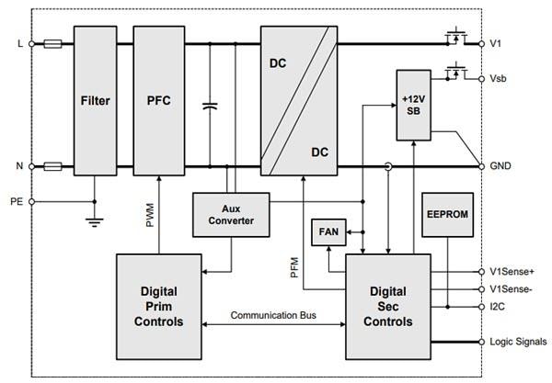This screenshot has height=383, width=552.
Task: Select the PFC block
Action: coord(159,101)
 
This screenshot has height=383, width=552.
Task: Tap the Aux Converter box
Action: coord(231,213)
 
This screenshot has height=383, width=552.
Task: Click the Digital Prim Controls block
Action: coord(158,307)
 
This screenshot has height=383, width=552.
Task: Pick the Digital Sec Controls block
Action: coord(387,307)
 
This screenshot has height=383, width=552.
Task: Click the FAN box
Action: coord(328,232)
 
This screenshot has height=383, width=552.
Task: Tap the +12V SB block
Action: coord(415,105)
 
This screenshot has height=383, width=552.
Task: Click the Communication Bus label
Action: coord(273,315)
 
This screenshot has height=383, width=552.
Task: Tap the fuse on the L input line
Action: coord(53,43)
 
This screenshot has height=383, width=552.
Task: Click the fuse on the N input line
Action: coord(53,166)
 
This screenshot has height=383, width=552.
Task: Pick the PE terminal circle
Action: coord(32,200)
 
